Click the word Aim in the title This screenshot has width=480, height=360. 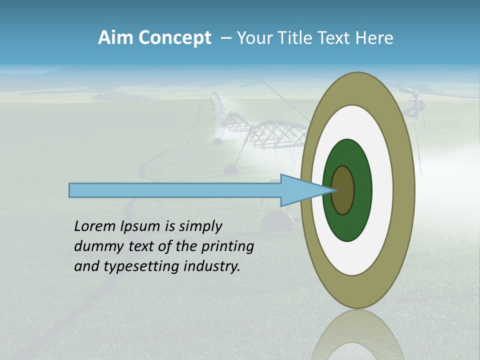click(x=115, y=38)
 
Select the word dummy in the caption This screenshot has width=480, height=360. click(x=94, y=246)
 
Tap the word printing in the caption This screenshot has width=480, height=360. click(x=227, y=246)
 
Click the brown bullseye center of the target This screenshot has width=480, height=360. click(x=343, y=190)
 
